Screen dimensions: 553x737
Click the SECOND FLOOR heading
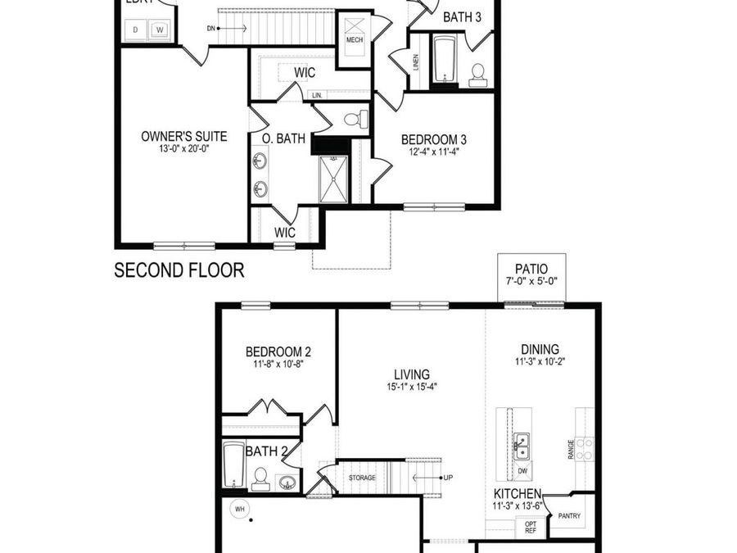coord(179,270)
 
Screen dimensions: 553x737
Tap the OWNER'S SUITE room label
coord(184,136)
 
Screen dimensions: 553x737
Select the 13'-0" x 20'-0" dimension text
coord(184,149)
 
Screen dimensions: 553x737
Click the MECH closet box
coord(355,33)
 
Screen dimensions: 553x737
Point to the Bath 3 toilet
coord(478,75)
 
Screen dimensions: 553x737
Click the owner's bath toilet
coord(353,120)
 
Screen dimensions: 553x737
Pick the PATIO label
coord(531,268)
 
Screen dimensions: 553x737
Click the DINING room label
coord(540,347)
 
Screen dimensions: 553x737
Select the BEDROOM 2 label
coord(278,352)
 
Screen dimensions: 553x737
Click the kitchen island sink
coord(522,447)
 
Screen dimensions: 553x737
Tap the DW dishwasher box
coord(522,471)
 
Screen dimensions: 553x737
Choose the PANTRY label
coord(569,516)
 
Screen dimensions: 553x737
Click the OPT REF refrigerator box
coord(531,527)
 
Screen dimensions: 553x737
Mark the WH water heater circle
coord(240,508)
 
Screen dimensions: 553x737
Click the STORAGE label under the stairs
coord(361,477)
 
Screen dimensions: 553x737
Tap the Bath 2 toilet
coord(260,478)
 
